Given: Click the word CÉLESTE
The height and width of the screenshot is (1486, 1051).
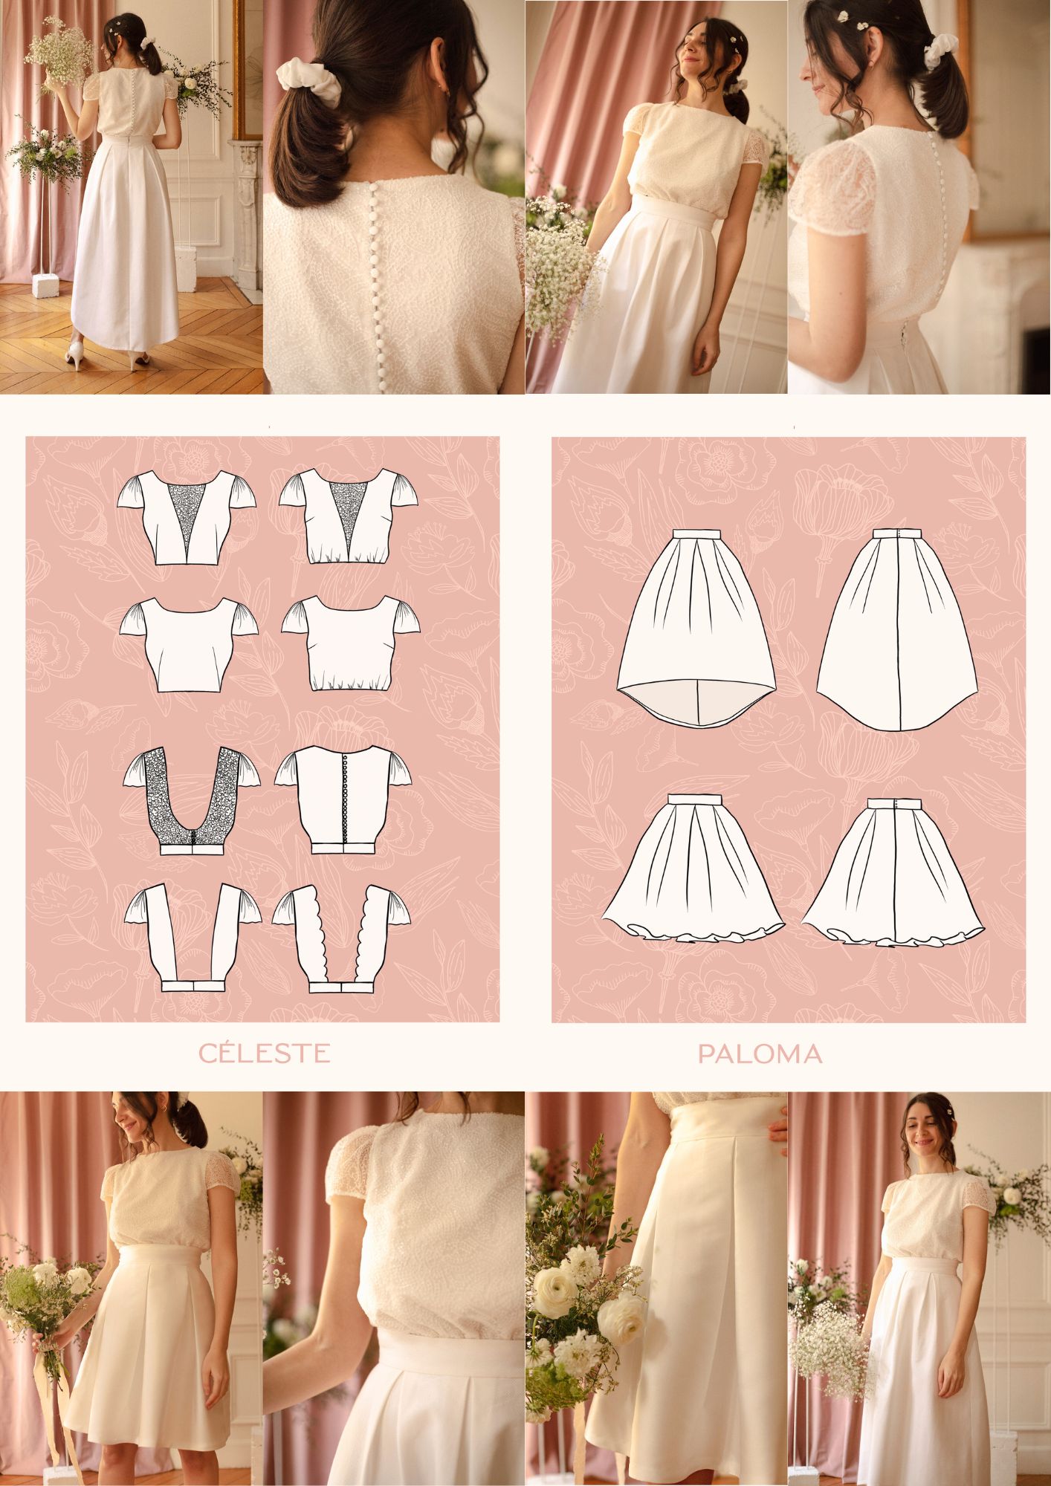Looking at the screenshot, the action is coord(264,1053).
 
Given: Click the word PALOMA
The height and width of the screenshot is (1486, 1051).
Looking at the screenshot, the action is coord(760,1054).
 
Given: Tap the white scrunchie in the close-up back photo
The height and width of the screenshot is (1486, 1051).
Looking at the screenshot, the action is coord(308,82).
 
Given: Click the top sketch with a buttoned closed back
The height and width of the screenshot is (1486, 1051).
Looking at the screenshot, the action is coord(343,799).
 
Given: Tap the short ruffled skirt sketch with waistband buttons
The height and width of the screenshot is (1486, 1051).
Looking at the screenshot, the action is coord(893,870).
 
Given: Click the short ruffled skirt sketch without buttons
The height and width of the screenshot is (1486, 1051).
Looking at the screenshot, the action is coord(694,868).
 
